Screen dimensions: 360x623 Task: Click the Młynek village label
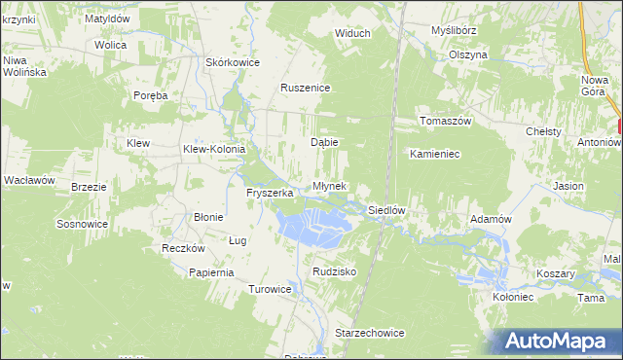coord(327,187)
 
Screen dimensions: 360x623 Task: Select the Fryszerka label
coord(270,194)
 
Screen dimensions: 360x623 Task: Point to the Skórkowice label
coord(232,62)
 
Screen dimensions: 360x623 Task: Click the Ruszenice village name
coord(306,89)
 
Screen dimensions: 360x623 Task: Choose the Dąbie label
coord(324,142)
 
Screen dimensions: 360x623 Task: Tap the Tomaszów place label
coord(445,121)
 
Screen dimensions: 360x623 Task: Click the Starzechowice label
coord(369,333)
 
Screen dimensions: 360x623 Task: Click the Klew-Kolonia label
coord(214,149)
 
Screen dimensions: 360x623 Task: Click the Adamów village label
coord(491,220)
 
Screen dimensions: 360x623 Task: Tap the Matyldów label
coord(107,18)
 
